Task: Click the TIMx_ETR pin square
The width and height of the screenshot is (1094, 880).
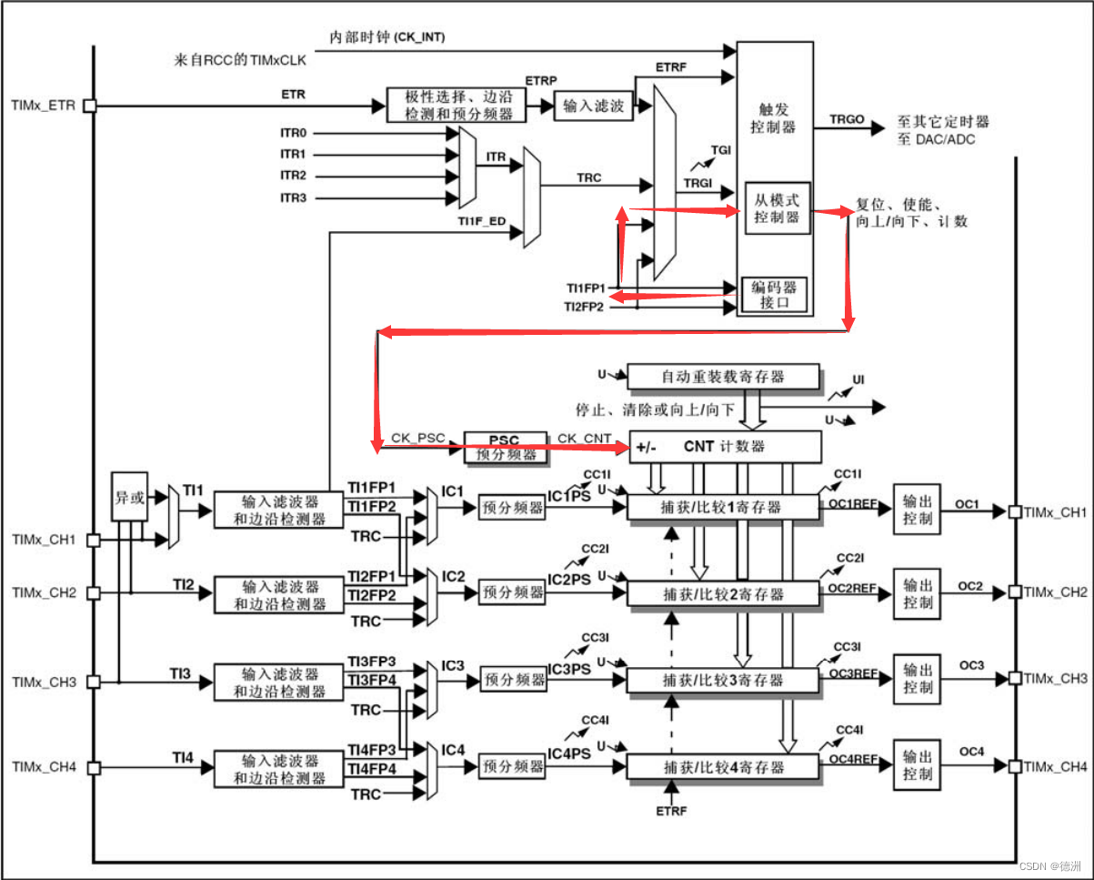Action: [89, 106]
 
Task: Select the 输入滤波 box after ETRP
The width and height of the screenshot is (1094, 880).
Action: [593, 106]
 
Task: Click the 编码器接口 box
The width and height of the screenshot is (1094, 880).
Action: [774, 295]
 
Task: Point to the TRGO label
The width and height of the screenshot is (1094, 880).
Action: [847, 120]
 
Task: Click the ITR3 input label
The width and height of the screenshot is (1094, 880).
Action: [293, 197]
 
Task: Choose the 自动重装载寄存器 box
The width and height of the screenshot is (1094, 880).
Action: [723, 376]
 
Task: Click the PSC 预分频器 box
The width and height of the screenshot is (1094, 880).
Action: [506, 446]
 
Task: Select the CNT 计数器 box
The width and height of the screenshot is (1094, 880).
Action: [724, 446]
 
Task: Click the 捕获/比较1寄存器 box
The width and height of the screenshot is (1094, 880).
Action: [723, 506]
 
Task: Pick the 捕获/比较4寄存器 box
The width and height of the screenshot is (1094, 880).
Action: [723, 767]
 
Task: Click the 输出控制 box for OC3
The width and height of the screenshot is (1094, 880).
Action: [917, 678]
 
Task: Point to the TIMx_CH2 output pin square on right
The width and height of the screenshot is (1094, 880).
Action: [1018, 592]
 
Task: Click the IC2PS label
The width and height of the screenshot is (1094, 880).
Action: [569, 580]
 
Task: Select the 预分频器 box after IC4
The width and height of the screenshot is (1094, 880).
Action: [513, 767]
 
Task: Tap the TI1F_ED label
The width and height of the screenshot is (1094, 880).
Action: [481, 221]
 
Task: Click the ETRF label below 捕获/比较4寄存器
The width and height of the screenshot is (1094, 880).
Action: [672, 811]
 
